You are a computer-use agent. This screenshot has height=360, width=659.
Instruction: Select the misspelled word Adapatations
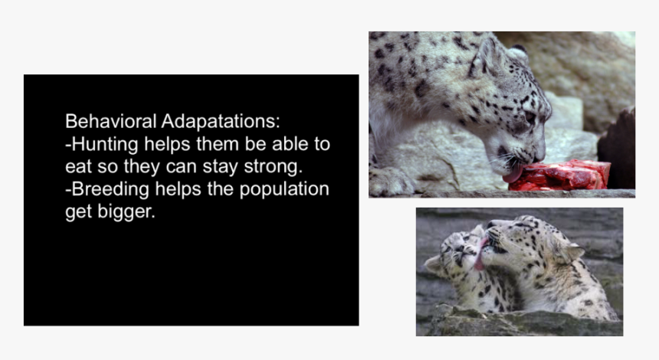[x=221, y=122]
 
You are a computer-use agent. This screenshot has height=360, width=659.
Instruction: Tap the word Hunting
[x=105, y=145]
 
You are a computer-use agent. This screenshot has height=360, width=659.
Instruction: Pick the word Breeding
[x=110, y=190]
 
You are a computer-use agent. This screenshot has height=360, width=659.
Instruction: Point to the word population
[x=284, y=190]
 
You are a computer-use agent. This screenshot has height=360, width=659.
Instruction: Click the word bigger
[x=126, y=212]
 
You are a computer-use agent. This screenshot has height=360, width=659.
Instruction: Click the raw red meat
[x=561, y=175]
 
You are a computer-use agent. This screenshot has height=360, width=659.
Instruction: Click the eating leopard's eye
[x=529, y=116]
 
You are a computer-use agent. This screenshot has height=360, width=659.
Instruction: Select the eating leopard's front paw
[x=389, y=182]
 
